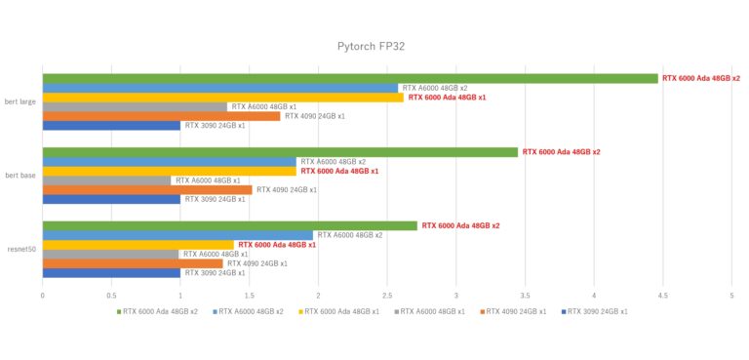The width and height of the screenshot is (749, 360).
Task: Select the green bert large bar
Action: [350, 78]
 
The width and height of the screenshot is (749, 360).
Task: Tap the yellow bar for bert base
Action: [169, 171]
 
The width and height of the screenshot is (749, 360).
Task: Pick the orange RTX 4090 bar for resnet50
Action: [133, 263]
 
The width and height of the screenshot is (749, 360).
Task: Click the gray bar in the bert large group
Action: [135, 106]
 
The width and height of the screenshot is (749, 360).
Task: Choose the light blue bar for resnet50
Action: [177, 235]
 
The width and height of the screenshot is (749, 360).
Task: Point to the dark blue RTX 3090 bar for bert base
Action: [111, 199]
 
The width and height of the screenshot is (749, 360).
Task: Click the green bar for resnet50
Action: [229, 225]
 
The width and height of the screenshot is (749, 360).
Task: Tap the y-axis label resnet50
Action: [21, 250]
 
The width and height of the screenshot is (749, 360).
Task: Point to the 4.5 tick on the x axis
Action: [662, 294]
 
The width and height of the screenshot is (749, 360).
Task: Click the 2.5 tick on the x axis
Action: [387, 294]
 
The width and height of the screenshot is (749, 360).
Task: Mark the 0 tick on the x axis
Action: [42, 294]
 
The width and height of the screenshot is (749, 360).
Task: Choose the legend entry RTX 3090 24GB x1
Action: [595, 311]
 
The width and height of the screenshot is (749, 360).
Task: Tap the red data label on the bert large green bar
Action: [700, 78]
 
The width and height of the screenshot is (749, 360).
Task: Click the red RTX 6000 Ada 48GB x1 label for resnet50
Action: [277, 245]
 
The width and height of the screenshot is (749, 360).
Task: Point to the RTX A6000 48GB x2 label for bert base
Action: [333, 162]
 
